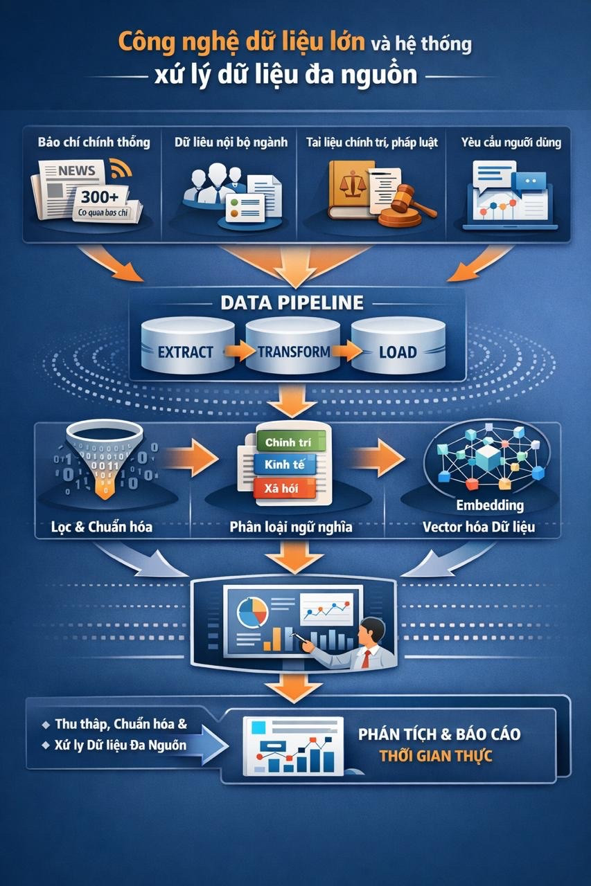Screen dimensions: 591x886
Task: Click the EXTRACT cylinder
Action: click(x=188, y=345)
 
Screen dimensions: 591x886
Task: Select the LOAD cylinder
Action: click(x=398, y=345)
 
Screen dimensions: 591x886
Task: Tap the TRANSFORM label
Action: click(x=294, y=352)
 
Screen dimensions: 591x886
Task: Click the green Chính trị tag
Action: click(x=291, y=442)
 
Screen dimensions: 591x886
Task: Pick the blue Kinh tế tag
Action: click(x=285, y=464)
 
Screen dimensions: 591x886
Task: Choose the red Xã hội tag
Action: click(x=284, y=488)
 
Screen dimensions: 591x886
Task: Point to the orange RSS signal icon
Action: click(x=120, y=168)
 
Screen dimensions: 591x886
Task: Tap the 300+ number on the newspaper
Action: click(x=100, y=197)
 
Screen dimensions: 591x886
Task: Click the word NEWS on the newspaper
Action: click(x=76, y=170)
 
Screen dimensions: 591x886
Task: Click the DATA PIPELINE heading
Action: click(x=292, y=303)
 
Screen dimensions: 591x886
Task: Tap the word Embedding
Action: click(x=490, y=505)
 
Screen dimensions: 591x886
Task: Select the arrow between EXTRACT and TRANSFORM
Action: click(x=240, y=351)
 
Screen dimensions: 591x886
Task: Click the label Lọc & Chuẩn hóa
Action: click(x=102, y=527)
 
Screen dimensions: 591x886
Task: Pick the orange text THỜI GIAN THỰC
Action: click(x=436, y=756)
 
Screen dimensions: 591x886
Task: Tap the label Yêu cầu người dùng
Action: click(x=511, y=143)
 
